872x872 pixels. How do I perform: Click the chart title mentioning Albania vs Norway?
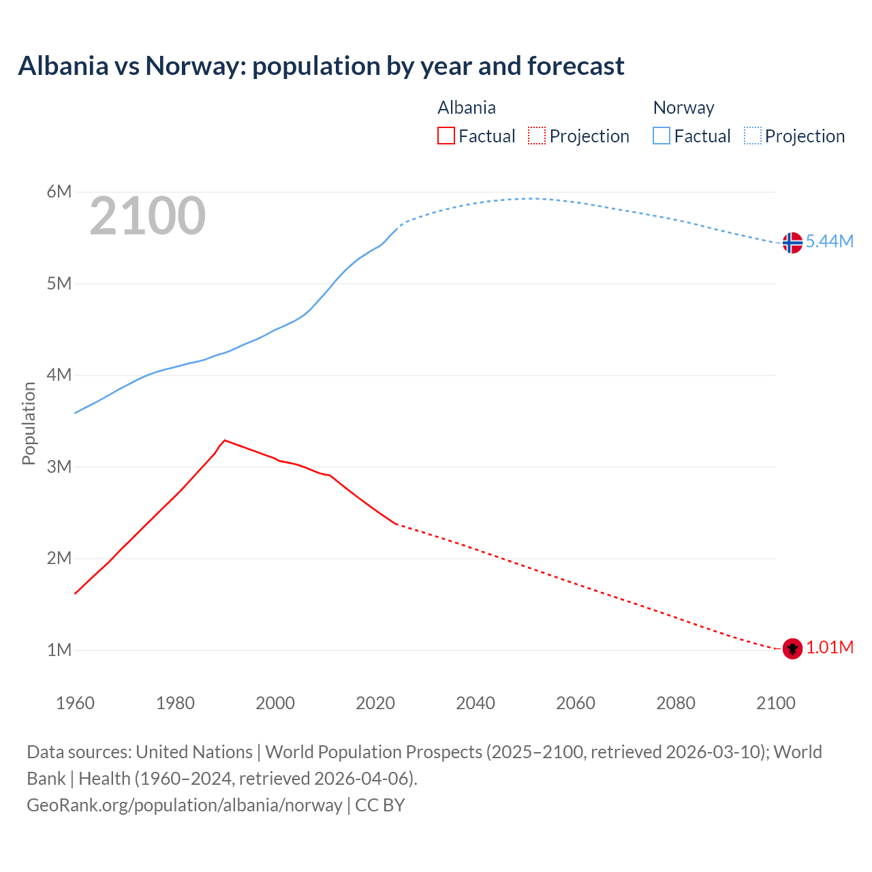[x=321, y=66]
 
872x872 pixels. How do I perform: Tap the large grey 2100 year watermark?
[x=147, y=216]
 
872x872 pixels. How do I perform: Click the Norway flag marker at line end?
[x=792, y=243]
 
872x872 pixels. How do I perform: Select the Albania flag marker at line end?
[x=792, y=649]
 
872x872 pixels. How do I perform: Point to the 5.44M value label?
[x=829, y=242]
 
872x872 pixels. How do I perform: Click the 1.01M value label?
[x=830, y=648]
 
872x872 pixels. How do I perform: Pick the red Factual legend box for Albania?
[x=446, y=136]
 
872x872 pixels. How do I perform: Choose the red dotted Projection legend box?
[x=537, y=136]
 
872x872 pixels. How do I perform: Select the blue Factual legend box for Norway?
[x=661, y=136]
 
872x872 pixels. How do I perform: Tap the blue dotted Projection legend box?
[x=753, y=136]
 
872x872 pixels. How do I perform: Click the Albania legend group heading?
[x=467, y=108]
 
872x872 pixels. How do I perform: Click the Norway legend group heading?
[x=683, y=108]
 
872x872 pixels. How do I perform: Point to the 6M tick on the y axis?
[x=59, y=192]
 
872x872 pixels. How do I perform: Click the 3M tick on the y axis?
[x=59, y=467]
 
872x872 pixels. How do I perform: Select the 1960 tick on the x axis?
[x=75, y=703]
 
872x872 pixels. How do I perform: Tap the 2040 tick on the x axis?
[x=476, y=703]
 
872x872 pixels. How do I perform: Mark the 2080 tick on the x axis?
[x=676, y=703]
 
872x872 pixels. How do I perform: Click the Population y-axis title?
[x=29, y=423]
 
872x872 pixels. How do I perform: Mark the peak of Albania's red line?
[x=225, y=440]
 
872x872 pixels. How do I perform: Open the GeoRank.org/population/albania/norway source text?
[x=185, y=805]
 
